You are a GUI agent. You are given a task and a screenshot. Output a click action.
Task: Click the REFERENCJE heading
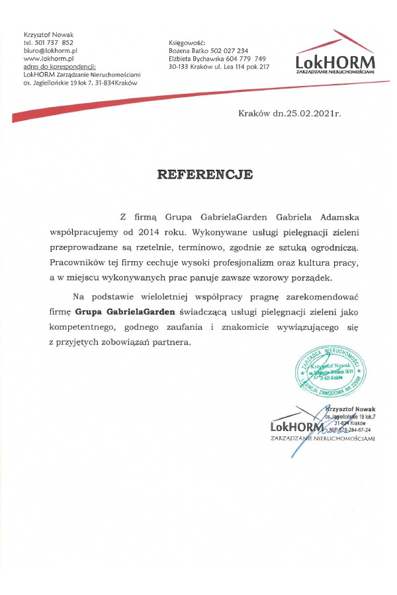[x=204, y=175]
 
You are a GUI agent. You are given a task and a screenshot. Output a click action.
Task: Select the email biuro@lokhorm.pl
[x=51, y=50]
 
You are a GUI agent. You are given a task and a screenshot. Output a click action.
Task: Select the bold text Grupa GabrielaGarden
[x=125, y=312]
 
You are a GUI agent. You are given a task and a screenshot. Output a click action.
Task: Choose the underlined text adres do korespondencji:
[x=59, y=66]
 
